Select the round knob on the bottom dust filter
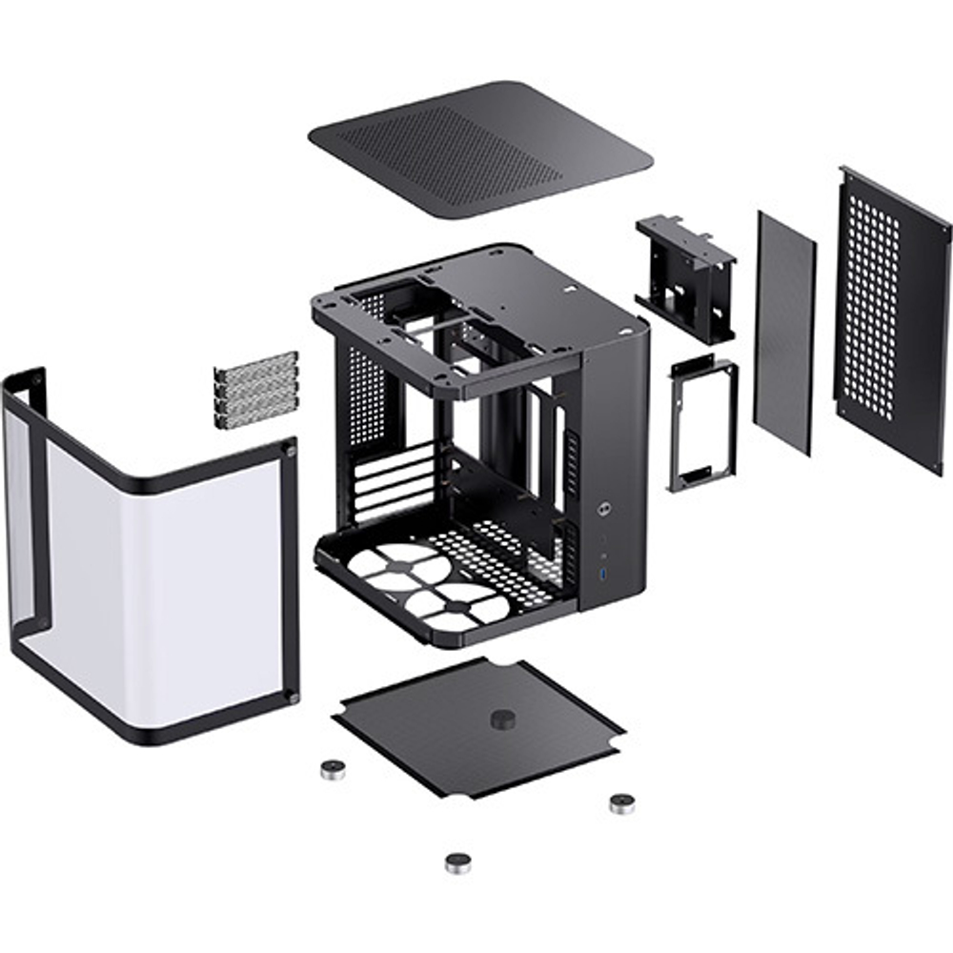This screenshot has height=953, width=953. coord(502,720)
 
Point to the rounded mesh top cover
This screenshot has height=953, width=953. coord(481,148)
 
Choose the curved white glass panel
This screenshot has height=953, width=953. coord(162,562)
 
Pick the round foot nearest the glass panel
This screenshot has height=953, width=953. coord(333,769)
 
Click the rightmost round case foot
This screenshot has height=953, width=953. coord(621,803)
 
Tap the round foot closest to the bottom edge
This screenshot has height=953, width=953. coord(458,862)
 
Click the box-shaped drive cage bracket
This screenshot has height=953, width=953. coord(686,276)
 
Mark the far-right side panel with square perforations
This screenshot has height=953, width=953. coord(891,314)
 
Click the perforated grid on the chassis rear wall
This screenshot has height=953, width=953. coord(368,395)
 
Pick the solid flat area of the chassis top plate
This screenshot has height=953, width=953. coord(562,305)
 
